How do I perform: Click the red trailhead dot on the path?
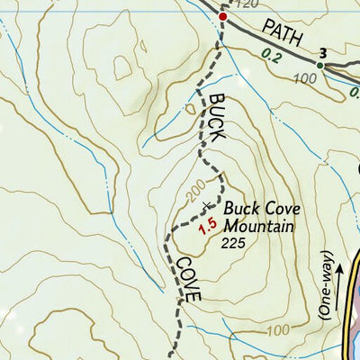tap(223, 16)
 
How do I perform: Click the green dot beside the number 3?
tap(319, 65)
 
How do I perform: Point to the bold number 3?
tap(323, 52)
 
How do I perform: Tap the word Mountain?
tap(259, 225)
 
